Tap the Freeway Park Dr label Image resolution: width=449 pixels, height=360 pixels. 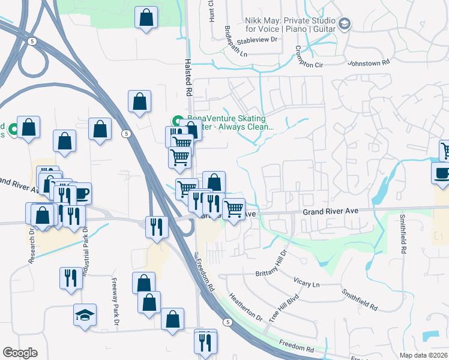115,304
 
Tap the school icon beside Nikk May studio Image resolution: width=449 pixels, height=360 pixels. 345,24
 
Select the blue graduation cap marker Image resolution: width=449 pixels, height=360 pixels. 85,313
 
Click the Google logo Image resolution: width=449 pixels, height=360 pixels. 20,353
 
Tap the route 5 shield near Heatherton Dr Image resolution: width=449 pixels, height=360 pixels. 227,322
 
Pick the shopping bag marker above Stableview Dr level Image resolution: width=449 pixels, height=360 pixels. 146,17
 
